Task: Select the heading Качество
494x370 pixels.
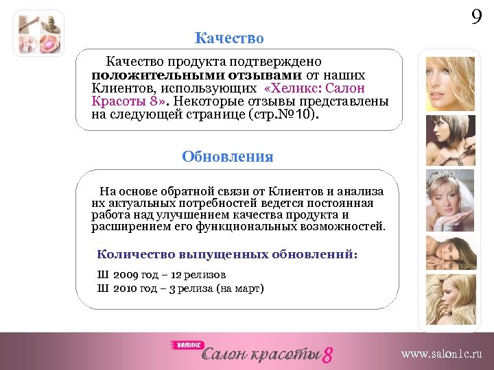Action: click(x=228, y=38)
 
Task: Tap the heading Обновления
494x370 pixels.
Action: click(x=227, y=157)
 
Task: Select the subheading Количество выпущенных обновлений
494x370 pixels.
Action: click(x=227, y=254)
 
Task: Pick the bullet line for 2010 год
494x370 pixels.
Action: click(x=180, y=288)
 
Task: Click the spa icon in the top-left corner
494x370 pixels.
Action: click(x=38, y=34)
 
